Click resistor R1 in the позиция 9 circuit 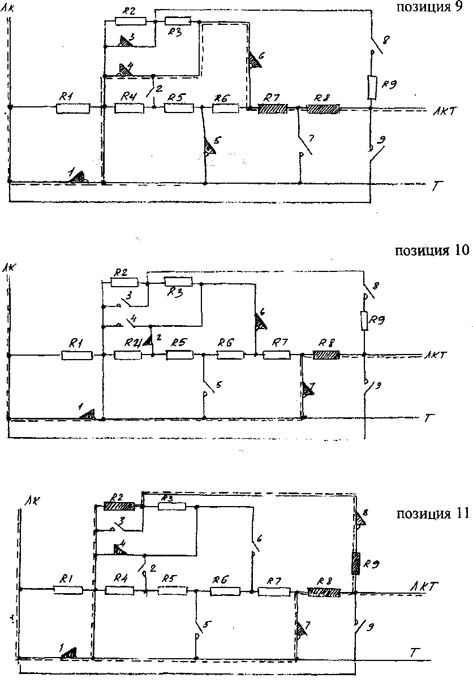[x=73, y=107]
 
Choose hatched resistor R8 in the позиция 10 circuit [x=326, y=355]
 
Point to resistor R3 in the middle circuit [x=178, y=281]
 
